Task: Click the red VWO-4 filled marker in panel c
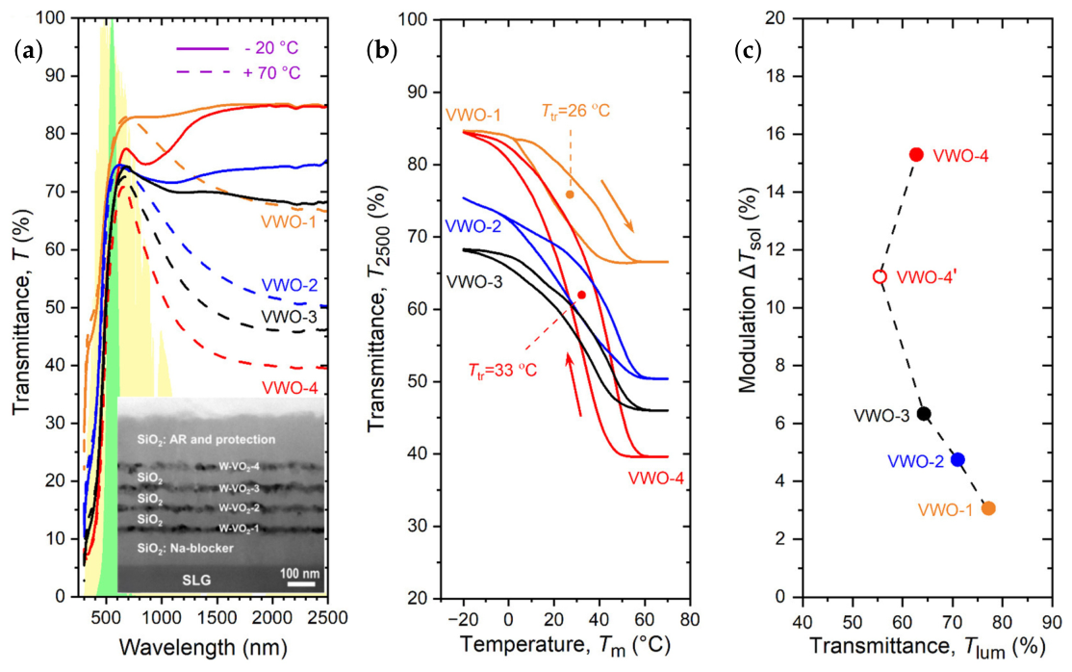916,155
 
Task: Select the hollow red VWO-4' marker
880,277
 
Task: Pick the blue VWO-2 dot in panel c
957,459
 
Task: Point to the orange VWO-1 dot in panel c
988,508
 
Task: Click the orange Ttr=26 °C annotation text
575,110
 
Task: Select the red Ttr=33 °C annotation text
502,371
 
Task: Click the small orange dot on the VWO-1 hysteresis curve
570,195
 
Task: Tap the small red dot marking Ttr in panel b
581,295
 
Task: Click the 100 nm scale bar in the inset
301,583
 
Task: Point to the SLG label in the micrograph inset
196,581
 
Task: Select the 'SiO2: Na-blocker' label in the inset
185,548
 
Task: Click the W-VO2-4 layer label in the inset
239,467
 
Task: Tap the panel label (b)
381,51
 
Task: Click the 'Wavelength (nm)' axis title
203,647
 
